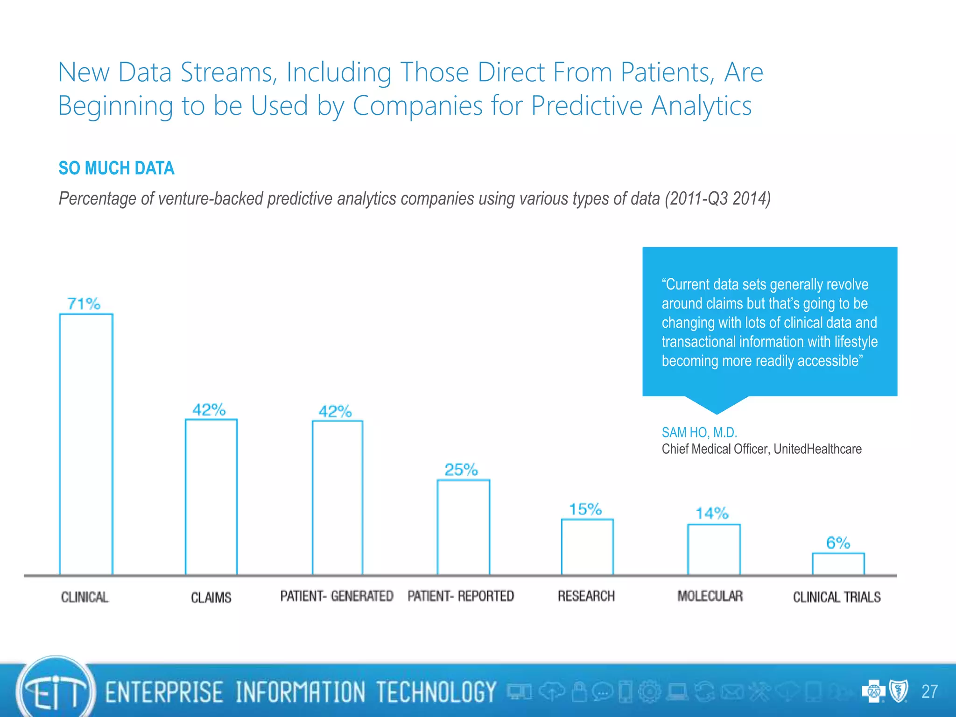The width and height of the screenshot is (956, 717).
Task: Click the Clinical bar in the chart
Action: click(86, 443)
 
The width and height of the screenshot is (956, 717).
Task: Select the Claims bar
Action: click(211, 497)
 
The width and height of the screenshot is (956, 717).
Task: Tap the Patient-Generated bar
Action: click(337, 498)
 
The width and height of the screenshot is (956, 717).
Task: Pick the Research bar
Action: click(587, 547)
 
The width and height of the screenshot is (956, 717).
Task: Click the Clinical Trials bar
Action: click(838, 563)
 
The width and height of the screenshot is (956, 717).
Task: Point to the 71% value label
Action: click(84, 304)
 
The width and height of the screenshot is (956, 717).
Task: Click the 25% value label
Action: click(461, 470)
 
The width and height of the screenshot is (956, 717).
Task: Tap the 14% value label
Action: click(712, 513)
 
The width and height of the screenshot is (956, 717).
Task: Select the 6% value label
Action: click(838, 543)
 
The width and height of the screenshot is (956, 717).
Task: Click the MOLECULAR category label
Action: click(710, 596)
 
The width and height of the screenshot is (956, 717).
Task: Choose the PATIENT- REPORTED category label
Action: click(461, 596)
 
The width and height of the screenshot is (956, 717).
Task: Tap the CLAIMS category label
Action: click(211, 597)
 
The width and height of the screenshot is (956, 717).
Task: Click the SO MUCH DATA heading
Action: click(116, 168)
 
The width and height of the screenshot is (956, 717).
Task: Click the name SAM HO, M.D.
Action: click(699, 433)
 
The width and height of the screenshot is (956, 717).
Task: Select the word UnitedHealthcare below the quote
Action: click(817, 449)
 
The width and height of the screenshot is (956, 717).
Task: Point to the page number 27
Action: click(929, 691)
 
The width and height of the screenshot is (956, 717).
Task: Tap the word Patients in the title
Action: click(667, 73)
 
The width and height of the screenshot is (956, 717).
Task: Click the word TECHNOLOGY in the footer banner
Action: click(436, 692)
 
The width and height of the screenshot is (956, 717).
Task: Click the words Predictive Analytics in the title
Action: click(641, 105)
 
